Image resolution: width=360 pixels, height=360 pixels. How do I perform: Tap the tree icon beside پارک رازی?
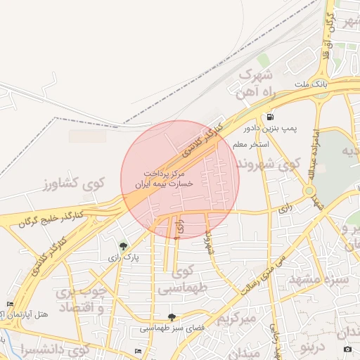tap(124, 246)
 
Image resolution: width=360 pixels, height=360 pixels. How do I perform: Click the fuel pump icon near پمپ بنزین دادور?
tap(270, 117)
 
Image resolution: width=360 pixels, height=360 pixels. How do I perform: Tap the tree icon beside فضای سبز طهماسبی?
tap(172, 318)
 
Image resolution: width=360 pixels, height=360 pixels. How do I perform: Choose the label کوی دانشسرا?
tap(56, 349)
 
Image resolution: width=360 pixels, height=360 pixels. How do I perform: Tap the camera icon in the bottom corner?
tap(347, 349)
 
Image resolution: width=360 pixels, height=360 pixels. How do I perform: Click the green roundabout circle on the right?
tap(309, 191)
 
